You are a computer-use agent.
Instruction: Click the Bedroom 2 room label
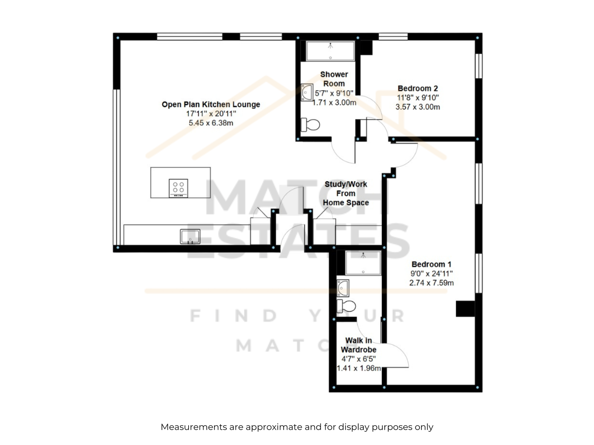[417, 88]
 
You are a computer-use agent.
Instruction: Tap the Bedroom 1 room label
[431, 264]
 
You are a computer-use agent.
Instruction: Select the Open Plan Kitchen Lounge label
[211, 104]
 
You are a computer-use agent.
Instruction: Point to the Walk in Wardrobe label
[358, 345]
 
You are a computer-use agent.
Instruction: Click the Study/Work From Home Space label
[346, 193]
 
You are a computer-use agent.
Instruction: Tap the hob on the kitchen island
[178, 188]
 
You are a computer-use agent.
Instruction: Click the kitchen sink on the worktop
[190, 237]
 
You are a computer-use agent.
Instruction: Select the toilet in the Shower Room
[310, 125]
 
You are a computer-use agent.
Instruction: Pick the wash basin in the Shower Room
[307, 92]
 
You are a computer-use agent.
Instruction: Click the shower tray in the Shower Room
[330, 51]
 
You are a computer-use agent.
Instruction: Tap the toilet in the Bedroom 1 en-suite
[346, 306]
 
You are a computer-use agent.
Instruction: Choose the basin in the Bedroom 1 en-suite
[343, 288]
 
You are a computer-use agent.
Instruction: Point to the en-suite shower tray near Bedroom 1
[363, 263]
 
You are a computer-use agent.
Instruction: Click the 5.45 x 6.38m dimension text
[211, 123]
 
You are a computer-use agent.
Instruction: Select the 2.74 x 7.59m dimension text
[431, 283]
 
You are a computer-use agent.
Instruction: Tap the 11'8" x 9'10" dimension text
[418, 98]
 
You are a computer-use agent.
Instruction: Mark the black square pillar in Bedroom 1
[465, 309]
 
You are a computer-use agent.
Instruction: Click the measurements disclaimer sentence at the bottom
[297, 427]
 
